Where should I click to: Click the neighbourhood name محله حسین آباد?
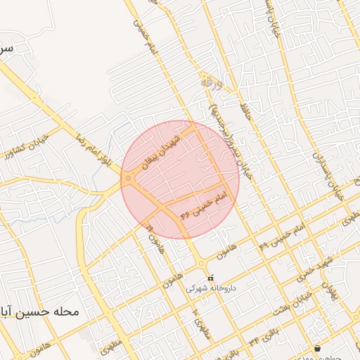click(39, 310)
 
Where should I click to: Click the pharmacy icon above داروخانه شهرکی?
click(211, 277)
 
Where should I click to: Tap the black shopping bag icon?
click(318, 348)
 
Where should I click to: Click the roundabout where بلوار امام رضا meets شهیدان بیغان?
click(128, 179)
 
